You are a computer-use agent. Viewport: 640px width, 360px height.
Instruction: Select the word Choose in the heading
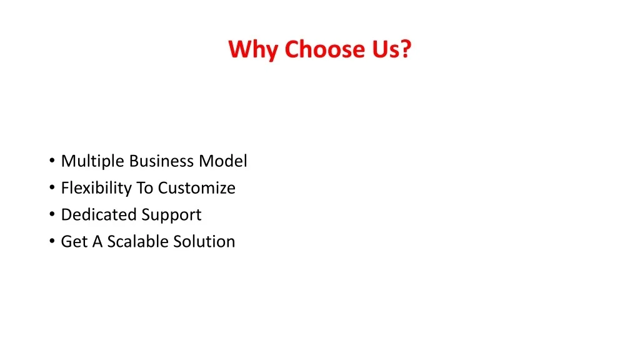324,49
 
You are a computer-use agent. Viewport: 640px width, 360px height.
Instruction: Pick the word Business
162,161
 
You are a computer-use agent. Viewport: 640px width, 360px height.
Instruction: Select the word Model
223,161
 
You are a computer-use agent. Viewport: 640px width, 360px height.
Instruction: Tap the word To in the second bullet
144,188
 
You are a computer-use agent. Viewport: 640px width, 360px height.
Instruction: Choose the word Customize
197,188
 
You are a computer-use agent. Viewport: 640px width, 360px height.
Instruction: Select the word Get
74,242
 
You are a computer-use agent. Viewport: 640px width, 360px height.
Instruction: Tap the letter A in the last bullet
97,242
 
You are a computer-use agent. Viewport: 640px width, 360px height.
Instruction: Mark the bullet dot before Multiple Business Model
52,161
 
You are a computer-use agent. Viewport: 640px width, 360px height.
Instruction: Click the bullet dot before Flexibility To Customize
52,187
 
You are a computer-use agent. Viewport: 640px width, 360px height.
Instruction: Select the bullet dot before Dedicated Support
52,214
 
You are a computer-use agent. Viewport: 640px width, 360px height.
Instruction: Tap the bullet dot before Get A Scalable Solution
52,241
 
